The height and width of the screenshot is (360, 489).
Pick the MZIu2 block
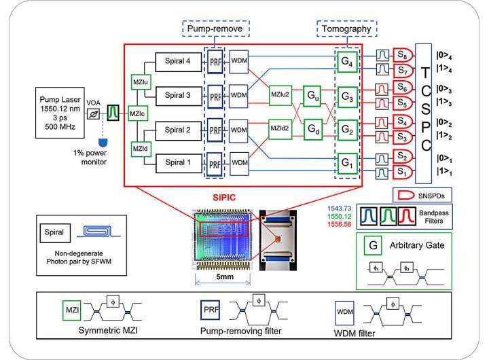(283, 94)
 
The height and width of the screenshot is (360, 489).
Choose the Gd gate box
(313, 128)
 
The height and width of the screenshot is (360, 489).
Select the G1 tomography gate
(347, 163)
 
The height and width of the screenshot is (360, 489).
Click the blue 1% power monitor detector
(102, 141)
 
